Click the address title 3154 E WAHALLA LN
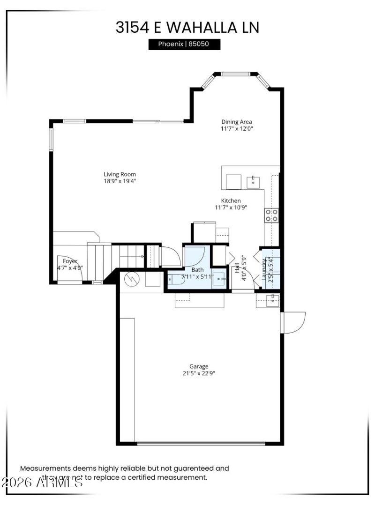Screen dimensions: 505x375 187,27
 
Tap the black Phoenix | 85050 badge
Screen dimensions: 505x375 184,45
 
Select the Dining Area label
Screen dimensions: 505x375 236,122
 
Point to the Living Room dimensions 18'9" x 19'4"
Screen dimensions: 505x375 120,181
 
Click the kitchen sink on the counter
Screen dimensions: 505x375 254,181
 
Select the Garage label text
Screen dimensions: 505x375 199,366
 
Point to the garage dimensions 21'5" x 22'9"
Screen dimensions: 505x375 199,373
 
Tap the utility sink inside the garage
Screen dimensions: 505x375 272,300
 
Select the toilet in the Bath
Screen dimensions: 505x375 176,280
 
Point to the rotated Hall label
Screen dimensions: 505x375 237,267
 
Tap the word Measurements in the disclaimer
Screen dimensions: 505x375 45,468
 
